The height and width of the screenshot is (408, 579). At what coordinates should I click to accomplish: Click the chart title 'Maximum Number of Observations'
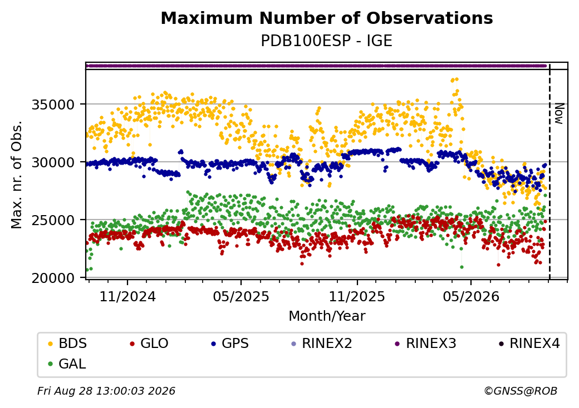pyautogui.click(x=327, y=18)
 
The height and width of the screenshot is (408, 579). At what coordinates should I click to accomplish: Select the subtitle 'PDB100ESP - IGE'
pyautogui.click(x=326, y=41)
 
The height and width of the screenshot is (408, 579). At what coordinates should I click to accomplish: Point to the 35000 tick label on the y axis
pyautogui.click(x=53, y=105)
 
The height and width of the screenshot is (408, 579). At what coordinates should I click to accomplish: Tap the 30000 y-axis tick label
pyautogui.click(x=53, y=162)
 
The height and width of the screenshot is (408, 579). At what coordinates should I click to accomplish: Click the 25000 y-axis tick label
pyautogui.click(x=53, y=220)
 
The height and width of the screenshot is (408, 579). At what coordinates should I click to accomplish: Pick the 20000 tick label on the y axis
pyautogui.click(x=53, y=278)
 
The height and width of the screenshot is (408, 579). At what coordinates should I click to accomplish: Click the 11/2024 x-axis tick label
pyautogui.click(x=127, y=296)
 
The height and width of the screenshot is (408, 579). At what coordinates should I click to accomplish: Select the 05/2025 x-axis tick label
pyautogui.click(x=241, y=296)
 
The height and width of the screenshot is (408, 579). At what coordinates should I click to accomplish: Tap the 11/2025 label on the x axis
pyautogui.click(x=357, y=296)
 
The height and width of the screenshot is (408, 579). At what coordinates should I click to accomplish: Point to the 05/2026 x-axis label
pyautogui.click(x=471, y=296)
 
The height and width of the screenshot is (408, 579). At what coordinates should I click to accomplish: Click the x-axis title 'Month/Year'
pyautogui.click(x=327, y=316)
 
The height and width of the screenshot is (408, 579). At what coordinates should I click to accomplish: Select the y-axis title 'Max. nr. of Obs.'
pyautogui.click(x=17, y=175)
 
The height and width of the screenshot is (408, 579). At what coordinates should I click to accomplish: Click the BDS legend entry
pyautogui.click(x=68, y=344)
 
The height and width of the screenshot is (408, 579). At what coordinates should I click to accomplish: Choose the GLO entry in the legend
pyautogui.click(x=149, y=344)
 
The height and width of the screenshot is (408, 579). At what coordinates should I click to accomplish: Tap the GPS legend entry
pyautogui.click(x=230, y=344)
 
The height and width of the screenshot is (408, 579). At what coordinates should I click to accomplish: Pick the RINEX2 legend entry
pyautogui.click(x=322, y=344)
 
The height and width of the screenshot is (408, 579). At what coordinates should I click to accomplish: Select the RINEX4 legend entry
pyautogui.click(x=529, y=344)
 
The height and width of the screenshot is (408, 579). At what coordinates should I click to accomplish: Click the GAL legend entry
pyautogui.click(x=67, y=364)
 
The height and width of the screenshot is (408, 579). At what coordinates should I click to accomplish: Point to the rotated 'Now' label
pyautogui.click(x=560, y=113)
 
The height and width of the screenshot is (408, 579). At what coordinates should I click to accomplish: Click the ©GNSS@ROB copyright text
pyautogui.click(x=521, y=391)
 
